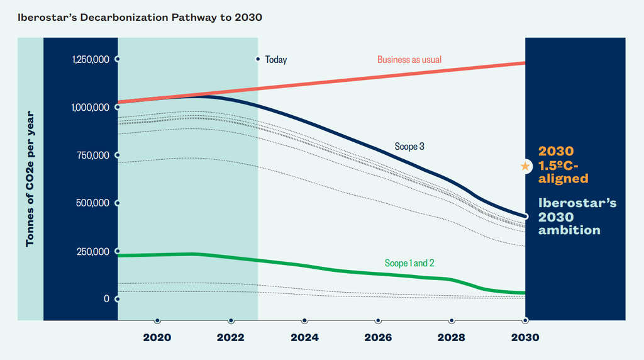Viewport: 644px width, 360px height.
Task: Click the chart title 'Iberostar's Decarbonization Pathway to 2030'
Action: (x=140, y=17)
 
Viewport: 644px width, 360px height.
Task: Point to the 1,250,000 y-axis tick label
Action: (x=91, y=60)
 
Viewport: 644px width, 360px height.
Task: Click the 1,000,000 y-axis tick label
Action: (x=91, y=108)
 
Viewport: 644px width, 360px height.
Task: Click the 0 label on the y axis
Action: (x=107, y=299)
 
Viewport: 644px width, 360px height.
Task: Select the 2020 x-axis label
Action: (x=157, y=337)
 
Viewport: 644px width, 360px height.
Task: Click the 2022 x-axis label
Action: (x=231, y=337)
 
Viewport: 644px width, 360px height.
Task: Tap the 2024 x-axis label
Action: (x=304, y=337)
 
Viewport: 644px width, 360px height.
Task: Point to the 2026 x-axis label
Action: (x=378, y=337)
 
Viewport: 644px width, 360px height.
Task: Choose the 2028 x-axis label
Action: (x=452, y=337)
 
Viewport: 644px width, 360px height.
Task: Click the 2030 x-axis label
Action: (x=525, y=337)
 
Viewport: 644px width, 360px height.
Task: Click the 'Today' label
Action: (x=275, y=60)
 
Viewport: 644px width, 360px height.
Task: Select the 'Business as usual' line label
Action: (x=409, y=60)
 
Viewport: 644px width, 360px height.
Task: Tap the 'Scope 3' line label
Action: (x=410, y=147)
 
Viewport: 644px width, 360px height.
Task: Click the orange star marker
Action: (x=525, y=167)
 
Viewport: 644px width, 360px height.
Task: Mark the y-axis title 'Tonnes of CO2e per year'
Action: (x=30, y=179)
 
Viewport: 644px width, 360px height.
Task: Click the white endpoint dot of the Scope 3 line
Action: (x=525, y=217)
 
